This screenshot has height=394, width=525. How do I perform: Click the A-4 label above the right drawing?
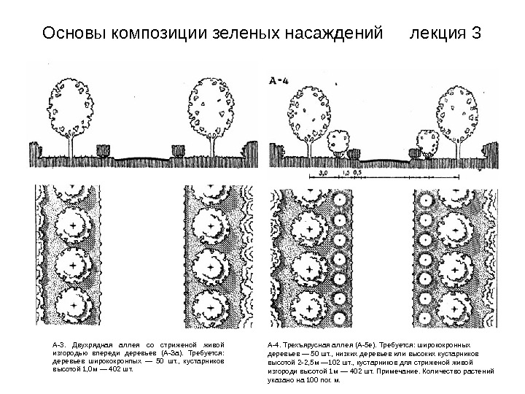pyautogui.click(x=280, y=82)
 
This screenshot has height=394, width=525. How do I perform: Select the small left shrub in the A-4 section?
pyautogui.click(x=338, y=139)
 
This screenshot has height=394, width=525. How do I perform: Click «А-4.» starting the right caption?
pyautogui.click(x=276, y=344)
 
